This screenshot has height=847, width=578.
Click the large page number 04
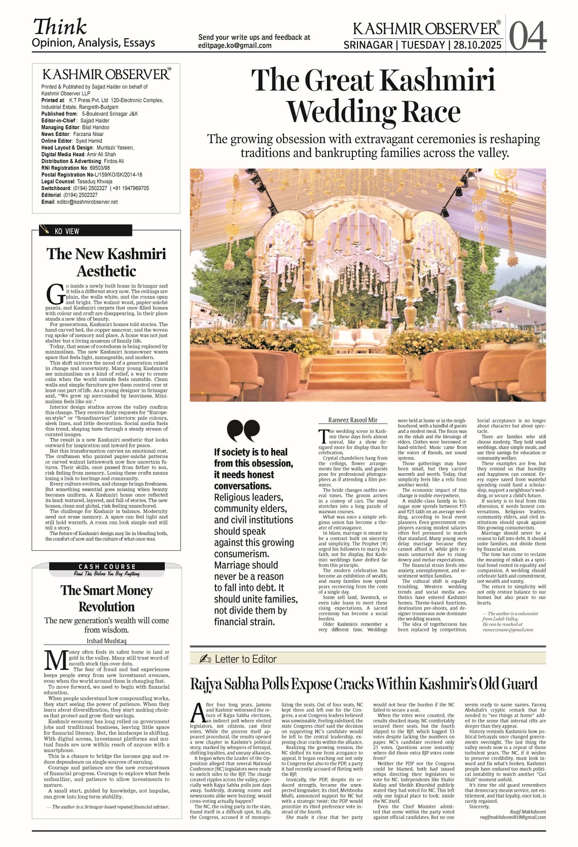[x=527, y=36]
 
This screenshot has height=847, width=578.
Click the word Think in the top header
[x=60, y=26]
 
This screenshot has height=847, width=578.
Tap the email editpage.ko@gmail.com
[x=235, y=45]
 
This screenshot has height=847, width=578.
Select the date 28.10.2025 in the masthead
[x=477, y=45]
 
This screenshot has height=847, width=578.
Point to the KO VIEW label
[x=67, y=231]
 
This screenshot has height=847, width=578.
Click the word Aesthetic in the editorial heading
[x=106, y=271]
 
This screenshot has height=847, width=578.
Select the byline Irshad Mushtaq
[x=106, y=641]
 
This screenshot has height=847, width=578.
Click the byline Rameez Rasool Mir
[x=353, y=420]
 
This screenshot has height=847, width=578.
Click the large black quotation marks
[x=243, y=431]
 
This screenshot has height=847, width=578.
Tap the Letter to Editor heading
[x=245, y=659]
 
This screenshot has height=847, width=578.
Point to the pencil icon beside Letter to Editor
[x=205, y=659]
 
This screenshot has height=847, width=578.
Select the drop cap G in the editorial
[x=54, y=293]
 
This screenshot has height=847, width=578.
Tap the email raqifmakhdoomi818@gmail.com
[x=513, y=817]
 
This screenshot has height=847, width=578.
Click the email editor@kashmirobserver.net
[x=87, y=202]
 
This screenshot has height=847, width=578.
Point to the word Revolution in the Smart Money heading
[x=106, y=607]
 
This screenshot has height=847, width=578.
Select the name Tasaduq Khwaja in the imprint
[x=94, y=182]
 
